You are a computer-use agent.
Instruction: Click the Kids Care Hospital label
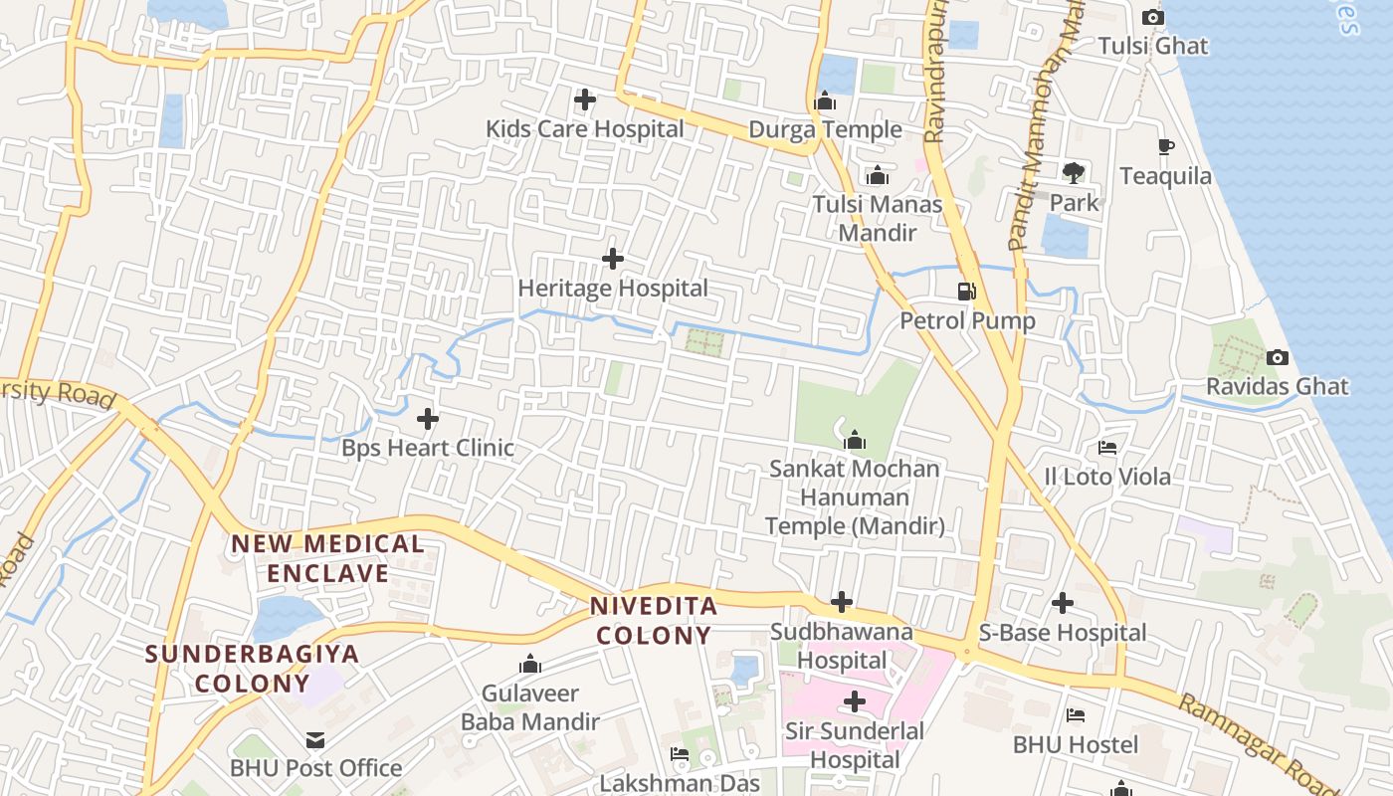coord(585,129)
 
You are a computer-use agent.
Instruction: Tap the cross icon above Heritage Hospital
coord(613,259)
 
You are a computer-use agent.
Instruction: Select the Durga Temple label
coord(825,129)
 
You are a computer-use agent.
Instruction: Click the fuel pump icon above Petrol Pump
coord(966,292)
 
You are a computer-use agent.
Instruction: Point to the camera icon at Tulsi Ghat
coord(1152,17)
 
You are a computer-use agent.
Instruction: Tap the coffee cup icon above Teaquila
coord(1165,147)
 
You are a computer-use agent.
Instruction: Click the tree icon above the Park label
coord(1073,173)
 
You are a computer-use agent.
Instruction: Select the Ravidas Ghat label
coord(1278,386)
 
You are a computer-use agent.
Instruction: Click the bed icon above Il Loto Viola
coord(1106,448)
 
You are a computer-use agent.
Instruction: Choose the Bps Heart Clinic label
coord(428,448)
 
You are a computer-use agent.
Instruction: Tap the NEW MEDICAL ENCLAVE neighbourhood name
coord(327,558)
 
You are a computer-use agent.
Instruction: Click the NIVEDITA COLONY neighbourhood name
coord(653,620)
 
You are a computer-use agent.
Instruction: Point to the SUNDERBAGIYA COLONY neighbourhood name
coord(252,669)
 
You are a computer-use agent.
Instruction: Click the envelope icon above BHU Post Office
coord(315,739)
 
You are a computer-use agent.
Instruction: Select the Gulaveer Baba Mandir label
coord(530,706)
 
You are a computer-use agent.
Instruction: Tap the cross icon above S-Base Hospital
coord(1063,603)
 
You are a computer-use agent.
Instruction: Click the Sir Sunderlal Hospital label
coord(854,745)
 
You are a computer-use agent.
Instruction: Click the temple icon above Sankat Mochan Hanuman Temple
coord(854,440)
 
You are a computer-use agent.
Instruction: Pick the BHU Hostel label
coord(1076,744)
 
